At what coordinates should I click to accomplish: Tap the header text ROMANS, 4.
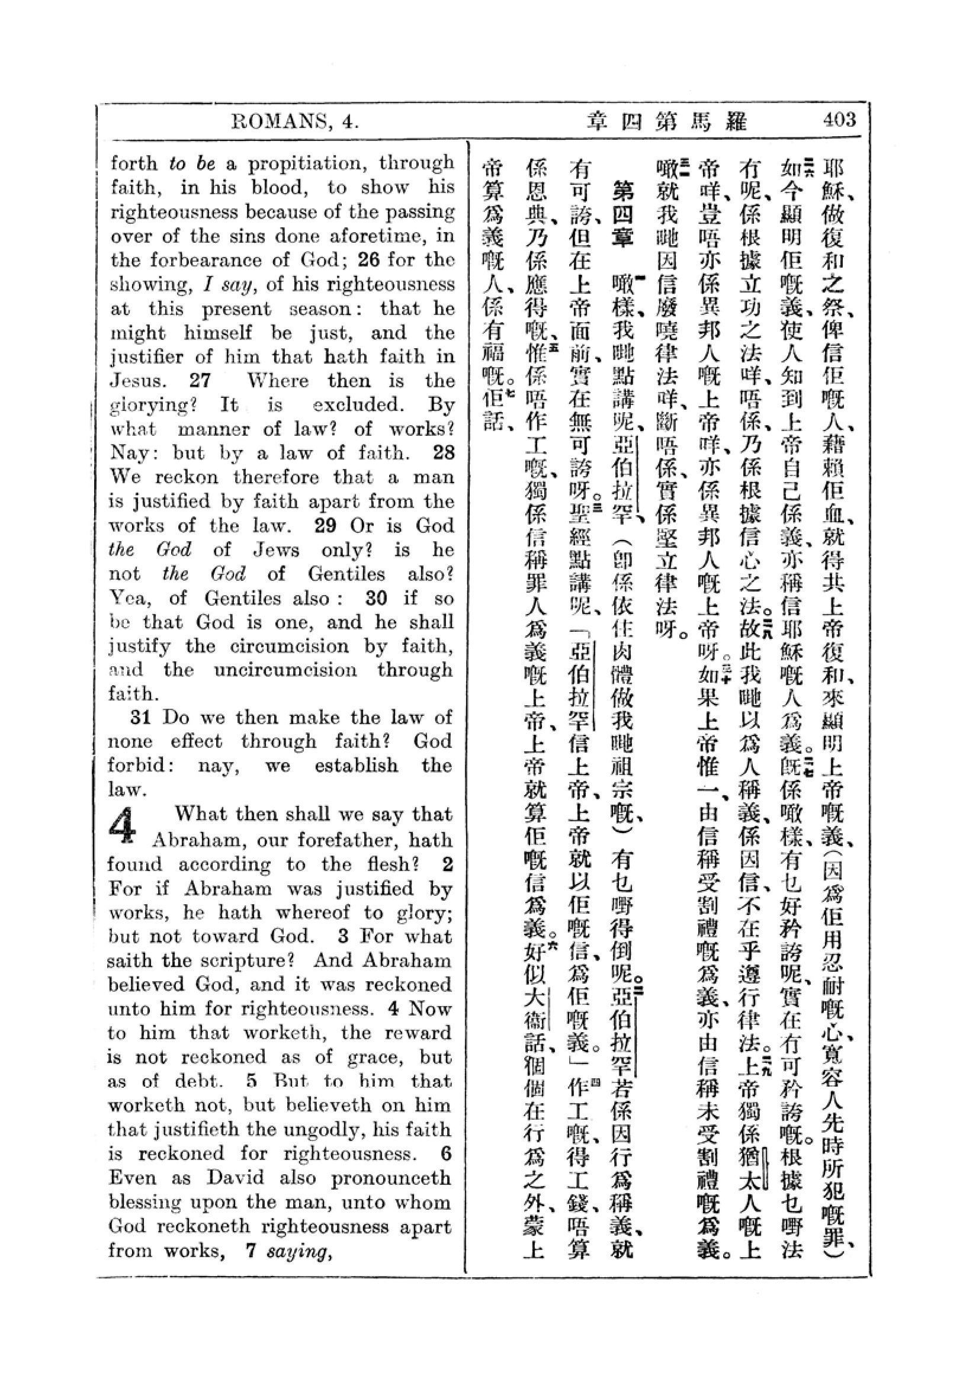pos(296,122)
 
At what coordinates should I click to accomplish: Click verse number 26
pos(369,260)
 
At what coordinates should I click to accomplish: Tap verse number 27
pos(199,381)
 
